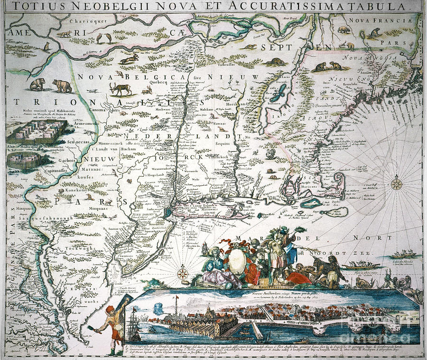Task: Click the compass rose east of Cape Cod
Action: (397, 184)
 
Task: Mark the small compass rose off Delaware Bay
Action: (183, 274)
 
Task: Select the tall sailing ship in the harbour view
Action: (134, 328)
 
